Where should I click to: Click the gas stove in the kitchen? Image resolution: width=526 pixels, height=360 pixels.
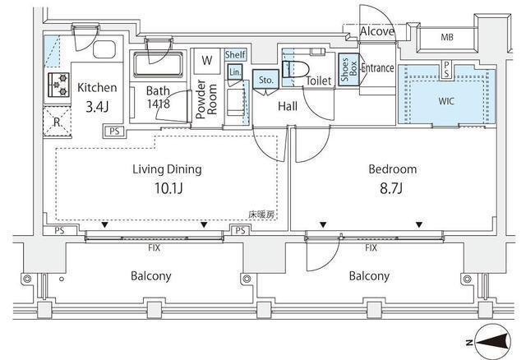[58, 85]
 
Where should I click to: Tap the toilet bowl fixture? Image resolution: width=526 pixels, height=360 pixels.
[295, 70]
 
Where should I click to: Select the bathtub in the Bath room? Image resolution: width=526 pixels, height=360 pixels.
[159, 64]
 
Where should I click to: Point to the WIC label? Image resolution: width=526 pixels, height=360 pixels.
[446, 101]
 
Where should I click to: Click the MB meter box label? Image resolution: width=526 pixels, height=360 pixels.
[447, 37]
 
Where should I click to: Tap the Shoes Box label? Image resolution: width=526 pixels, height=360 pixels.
[348, 70]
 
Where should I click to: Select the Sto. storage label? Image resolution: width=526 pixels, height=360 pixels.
[266, 81]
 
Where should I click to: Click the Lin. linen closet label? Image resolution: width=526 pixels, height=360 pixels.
[235, 72]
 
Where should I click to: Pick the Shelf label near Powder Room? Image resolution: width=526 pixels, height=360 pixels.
[236, 54]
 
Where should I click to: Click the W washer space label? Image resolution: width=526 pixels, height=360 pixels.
[207, 60]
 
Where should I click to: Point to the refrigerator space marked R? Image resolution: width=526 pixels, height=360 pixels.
[58, 122]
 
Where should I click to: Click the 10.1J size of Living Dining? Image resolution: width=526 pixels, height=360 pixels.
[168, 188]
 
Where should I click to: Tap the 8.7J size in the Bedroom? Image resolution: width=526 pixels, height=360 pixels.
[391, 188]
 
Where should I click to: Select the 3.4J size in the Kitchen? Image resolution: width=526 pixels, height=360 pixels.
[97, 107]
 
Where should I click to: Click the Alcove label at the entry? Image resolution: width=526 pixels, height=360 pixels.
[377, 31]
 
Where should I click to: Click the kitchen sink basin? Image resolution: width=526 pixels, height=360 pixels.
[104, 49]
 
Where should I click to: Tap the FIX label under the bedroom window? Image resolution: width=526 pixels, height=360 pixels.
[371, 248]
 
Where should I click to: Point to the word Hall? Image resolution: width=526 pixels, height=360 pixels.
[288, 107]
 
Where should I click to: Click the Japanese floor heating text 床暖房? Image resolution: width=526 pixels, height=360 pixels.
[262, 215]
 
